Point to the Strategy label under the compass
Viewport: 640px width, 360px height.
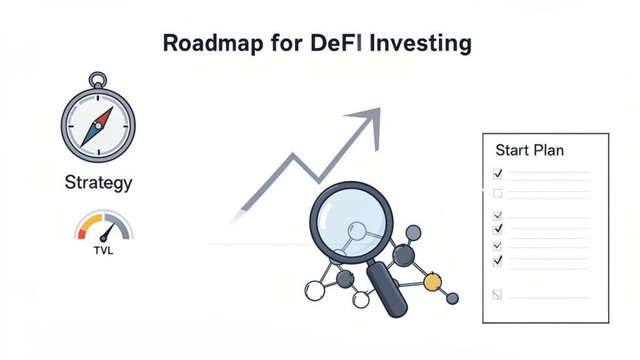tap(98, 183)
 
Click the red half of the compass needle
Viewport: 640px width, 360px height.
tap(104, 116)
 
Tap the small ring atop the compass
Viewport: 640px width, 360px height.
tap(97, 80)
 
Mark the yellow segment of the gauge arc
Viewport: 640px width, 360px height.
tap(90, 222)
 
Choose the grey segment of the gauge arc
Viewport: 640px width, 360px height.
tap(122, 225)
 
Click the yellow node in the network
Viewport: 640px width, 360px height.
tap(432, 283)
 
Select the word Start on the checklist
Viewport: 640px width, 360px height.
tap(511, 151)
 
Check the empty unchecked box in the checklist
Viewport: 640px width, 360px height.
tap(497, 194)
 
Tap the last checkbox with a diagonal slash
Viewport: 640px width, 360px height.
tap(497, 294)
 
